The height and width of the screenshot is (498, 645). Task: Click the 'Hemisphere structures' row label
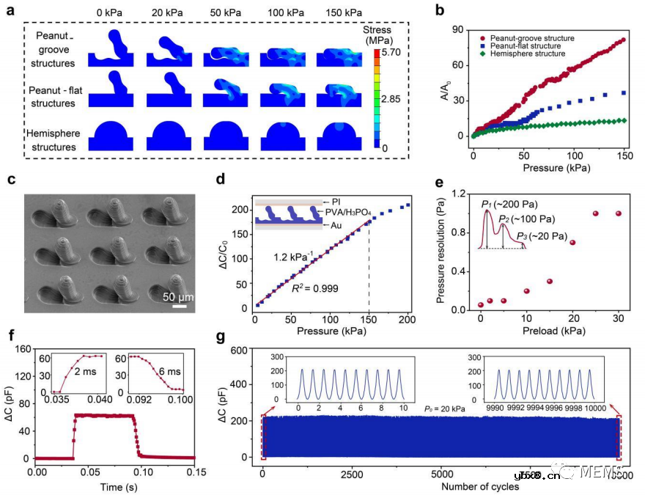[x=52, y=141]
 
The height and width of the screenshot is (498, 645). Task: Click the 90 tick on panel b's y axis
[x=460, y=29]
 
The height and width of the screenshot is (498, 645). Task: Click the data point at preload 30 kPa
[x=619, y=213]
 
